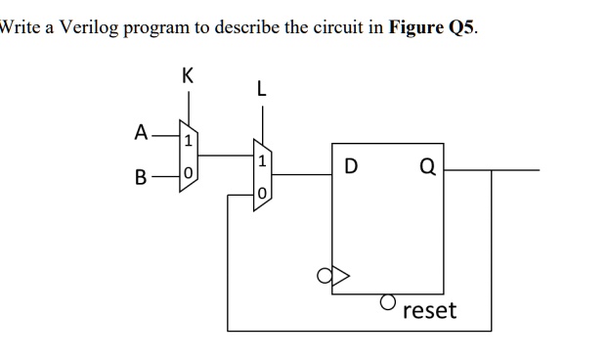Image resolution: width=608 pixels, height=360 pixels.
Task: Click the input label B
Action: (142, 178)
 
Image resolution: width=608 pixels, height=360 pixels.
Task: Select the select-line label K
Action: (187, 74)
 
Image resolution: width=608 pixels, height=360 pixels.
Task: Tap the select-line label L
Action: (260, 89)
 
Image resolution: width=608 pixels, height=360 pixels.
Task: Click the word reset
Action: (429, 311)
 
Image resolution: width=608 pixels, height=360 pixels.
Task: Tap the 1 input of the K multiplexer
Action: (189, 142)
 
